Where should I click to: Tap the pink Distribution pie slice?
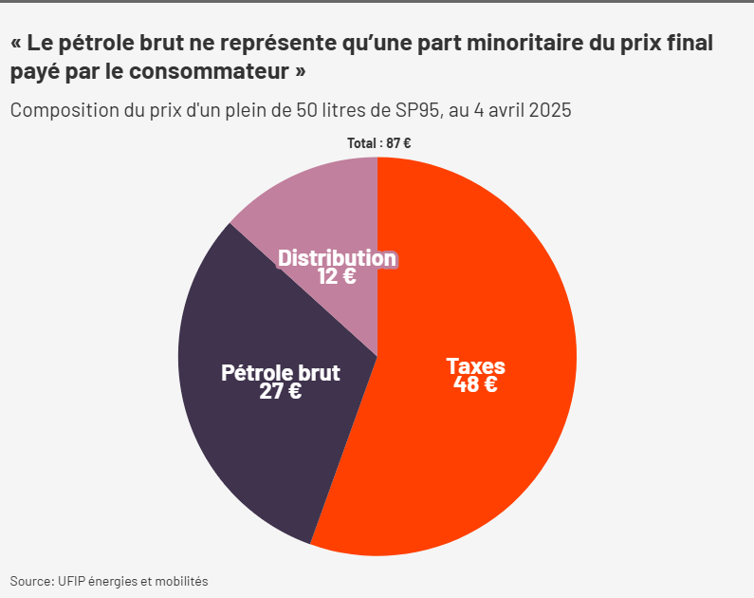click(x=313, y=209)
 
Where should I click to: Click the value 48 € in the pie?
click(x=476, y=384)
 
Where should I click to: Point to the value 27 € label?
click(x=281, y=390)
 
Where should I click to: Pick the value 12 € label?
click(x=337, y=276)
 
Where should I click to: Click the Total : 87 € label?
click(x=378, y=143)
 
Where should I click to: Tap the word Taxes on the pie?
click(x=476, y=366)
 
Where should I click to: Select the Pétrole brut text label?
click(x=281, y=372)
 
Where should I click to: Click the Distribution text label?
click(x=337, y=258)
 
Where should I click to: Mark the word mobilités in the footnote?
click(x=180, y=580)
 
